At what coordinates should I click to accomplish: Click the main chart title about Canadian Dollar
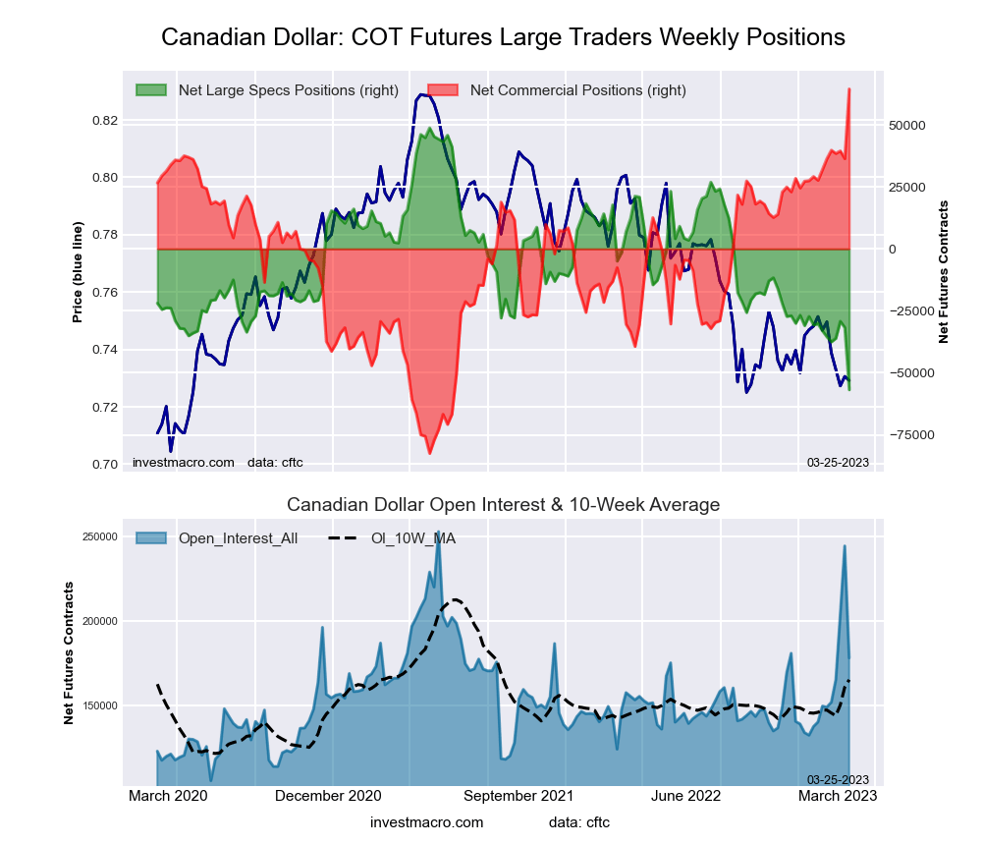pos(503,37)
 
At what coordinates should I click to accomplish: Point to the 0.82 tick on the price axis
pos(105,121)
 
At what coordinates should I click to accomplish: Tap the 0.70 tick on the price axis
pos(105,465)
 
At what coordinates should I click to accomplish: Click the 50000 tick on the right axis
pos(908,126)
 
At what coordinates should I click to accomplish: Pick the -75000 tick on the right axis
pos(908,435)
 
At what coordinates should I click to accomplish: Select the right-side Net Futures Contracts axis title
pos(944,272)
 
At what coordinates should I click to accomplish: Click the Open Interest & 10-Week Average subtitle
pos(503,505)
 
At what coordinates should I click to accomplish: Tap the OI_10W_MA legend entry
pos(412,538)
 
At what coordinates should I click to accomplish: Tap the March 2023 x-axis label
pos(838,796)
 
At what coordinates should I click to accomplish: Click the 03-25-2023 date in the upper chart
pos(838,462)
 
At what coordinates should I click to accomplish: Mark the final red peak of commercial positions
pos(849,89)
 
